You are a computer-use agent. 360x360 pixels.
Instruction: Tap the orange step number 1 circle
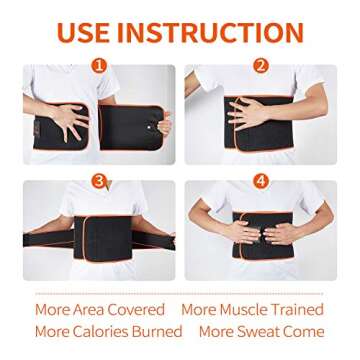pyautogui.click(x=98, y=66)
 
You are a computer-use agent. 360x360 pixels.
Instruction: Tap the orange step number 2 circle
pyautogui.click(x=261, y=66)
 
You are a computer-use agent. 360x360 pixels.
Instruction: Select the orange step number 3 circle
pyautogui.click(x=98, y=181)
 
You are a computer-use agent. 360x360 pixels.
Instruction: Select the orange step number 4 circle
pyautogui.click(x=261, y=181)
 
